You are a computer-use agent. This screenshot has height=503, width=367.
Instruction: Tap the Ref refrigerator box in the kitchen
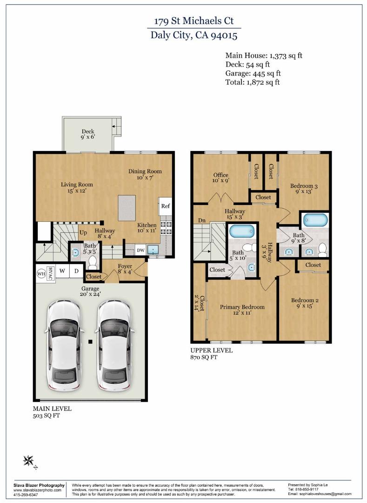click(x=165, y=206)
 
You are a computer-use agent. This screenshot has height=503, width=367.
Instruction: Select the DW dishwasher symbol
click(x=140, y=250)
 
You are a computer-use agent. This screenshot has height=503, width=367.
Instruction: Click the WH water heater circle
click(x=41, y=273)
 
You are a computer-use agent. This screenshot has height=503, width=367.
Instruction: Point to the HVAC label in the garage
click(x=51, y=272)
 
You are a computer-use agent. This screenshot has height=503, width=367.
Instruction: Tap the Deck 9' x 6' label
click(x=88, y=135)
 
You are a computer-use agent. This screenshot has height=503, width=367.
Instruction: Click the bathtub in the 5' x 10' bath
click(x=242, y=231)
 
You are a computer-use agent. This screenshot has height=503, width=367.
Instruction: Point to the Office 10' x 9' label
click(x=221, y=178)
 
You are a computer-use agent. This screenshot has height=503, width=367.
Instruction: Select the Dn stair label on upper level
click(x=202, y=220)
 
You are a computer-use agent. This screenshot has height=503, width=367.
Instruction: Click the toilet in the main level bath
click(x=92, y=264)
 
